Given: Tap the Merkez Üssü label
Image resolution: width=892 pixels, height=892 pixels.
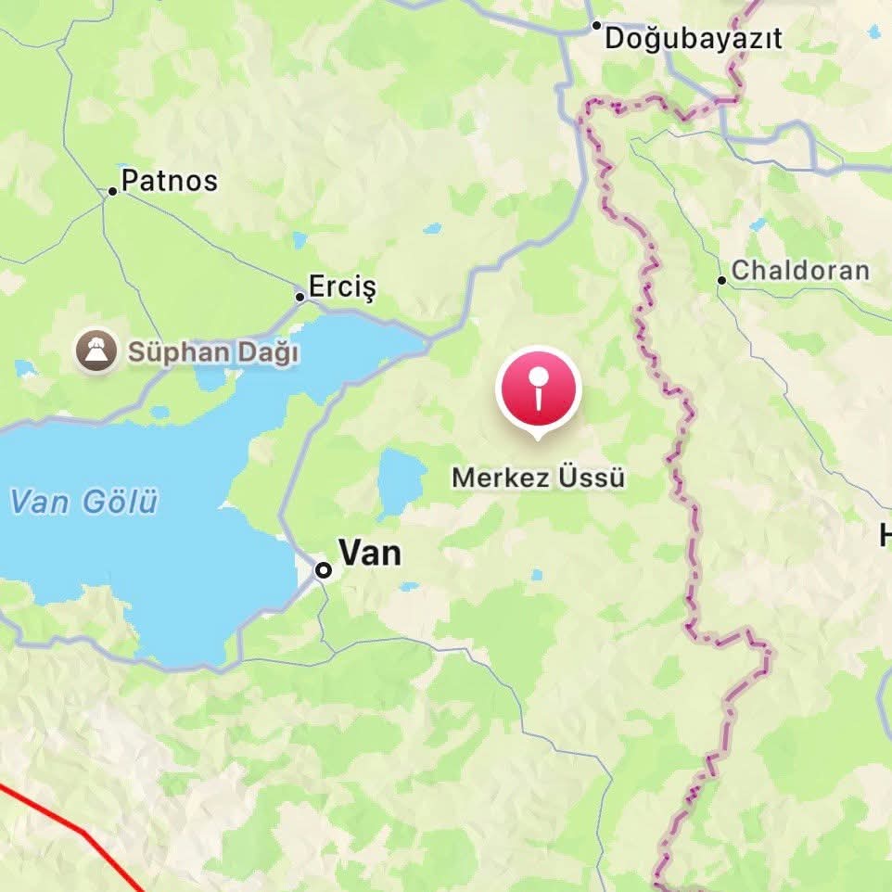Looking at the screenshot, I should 538,478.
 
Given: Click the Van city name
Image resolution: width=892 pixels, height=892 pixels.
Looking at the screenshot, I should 370,554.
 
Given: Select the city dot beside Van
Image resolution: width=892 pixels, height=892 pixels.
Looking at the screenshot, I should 324,570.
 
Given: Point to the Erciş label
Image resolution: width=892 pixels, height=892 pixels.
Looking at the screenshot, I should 342,287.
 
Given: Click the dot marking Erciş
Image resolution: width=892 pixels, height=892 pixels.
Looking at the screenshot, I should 299,298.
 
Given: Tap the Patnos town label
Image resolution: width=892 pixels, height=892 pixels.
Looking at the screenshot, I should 170,181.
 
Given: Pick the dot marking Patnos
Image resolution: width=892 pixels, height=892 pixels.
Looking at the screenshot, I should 112,191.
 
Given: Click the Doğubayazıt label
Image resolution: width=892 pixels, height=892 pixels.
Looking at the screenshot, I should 693,39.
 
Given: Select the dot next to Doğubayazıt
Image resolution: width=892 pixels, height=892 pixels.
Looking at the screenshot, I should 596,26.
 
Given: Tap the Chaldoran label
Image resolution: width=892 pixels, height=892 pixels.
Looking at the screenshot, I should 800,271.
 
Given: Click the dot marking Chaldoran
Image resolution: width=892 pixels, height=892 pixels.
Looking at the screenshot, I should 721,280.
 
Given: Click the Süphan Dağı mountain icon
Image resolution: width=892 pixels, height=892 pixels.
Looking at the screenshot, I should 97,351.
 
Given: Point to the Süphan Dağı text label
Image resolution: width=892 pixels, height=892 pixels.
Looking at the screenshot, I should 213,353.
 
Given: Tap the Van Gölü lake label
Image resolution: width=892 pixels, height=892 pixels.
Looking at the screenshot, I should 83,503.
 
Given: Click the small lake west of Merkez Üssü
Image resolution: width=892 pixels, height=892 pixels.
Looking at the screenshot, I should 401,482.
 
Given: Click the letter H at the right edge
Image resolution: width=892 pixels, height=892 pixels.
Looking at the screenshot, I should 885,535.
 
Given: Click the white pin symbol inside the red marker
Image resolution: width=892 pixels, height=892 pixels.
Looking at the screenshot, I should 539,388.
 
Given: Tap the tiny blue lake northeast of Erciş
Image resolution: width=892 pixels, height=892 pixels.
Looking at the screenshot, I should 432,228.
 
